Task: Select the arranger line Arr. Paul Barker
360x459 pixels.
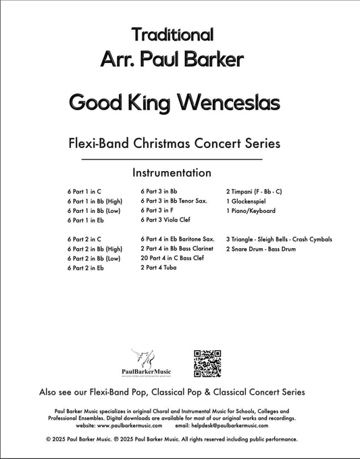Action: (172, 60)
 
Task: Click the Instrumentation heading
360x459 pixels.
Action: (172, 172)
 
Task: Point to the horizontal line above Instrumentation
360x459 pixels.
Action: (172, 160)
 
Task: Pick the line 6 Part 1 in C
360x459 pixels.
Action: (84, 192)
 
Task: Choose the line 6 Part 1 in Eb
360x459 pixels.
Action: (86, 220)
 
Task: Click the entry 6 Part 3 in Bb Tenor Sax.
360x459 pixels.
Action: (174, 201)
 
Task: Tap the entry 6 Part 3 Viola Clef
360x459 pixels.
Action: (166, 220)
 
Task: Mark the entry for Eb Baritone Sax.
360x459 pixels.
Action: (178, 239)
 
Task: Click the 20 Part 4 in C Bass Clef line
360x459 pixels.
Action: (172, 258)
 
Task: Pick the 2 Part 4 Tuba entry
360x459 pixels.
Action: (159, 268)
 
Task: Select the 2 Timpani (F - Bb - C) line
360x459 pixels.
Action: (254, 192)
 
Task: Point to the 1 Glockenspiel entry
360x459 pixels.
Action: (246, 201)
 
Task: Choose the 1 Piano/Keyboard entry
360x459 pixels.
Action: (251, 211)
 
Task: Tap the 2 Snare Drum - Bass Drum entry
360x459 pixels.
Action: (261, 249)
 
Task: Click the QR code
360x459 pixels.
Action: (207, 363)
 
